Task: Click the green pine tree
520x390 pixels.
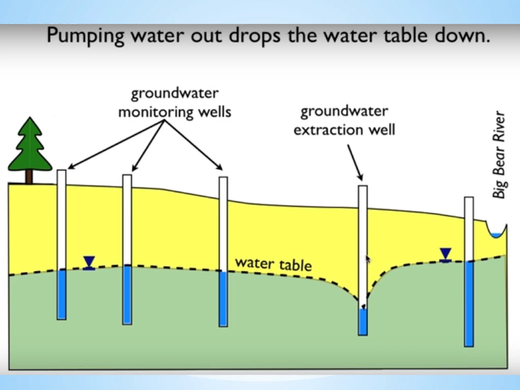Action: (30, 147)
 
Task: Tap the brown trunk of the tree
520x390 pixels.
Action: (29, 176)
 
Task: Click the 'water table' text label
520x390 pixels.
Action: (273, 264)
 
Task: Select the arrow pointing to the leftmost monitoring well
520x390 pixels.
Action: (114, 145)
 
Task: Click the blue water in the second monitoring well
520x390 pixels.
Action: (127, 295)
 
